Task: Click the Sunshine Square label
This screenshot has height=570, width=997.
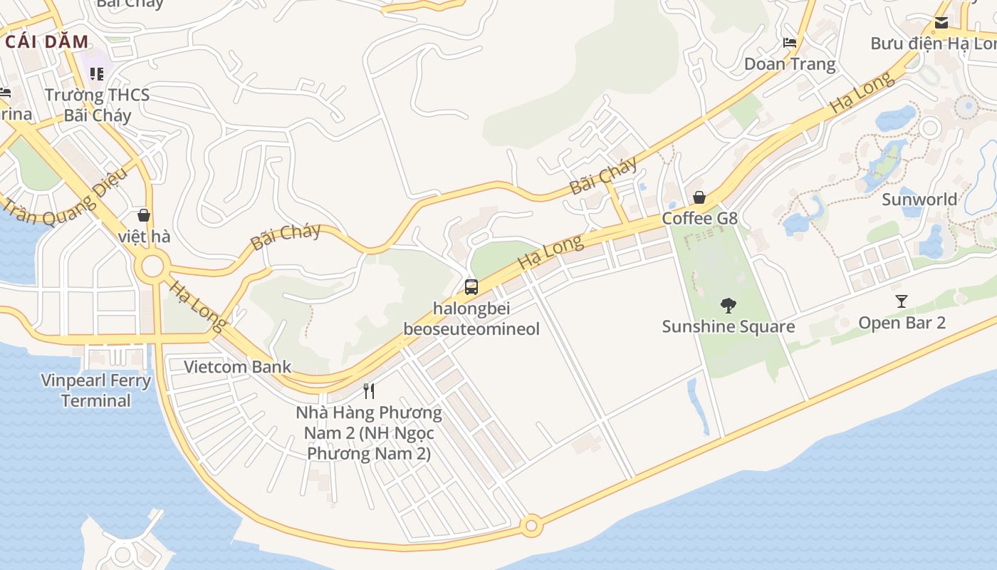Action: (728, 326)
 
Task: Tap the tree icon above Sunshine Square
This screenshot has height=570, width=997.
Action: (728, 306)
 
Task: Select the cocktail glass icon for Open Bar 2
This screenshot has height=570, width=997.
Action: (902, 301)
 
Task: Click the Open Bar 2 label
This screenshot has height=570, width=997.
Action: (902, 323)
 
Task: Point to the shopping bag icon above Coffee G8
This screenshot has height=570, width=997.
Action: (699, 197)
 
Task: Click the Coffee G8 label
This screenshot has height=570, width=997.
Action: (699, 218)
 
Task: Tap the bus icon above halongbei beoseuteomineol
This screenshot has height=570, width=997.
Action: (471, 287)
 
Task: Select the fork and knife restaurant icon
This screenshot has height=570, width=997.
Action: (369, 390)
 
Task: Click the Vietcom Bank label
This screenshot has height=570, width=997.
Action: (238, 367)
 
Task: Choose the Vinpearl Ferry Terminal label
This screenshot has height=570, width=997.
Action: (96, 390)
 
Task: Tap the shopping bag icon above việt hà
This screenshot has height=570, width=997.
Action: (144, 214)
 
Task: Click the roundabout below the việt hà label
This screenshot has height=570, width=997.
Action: (153, 268)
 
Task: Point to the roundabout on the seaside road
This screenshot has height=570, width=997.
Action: (531, 527)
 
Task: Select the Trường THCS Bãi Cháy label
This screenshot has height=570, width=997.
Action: (98, 105)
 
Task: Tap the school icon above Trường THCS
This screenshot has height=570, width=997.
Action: (97, 74)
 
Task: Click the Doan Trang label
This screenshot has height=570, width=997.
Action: (789, 64)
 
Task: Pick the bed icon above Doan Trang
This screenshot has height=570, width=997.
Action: (789, 43)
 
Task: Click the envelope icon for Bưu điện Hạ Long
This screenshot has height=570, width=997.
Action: (941, 22)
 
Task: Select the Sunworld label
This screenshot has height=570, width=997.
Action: (919, 199)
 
